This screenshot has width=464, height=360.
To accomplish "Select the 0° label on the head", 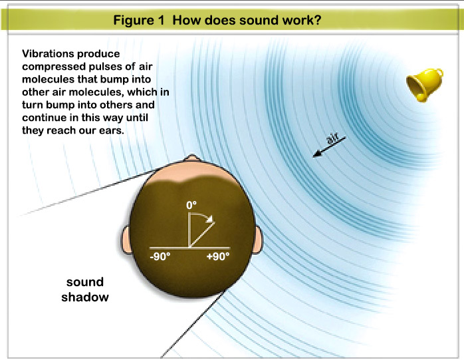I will (x=192, y=206).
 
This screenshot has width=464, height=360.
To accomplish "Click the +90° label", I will (x=217, y=256).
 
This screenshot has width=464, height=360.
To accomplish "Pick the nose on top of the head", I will (x=191, y=160).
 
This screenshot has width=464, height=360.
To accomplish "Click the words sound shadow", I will (x=84, y=289).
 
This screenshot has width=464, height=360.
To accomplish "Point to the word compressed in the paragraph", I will (x=51, y=67).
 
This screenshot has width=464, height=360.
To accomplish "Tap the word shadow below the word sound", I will (x=84, y=297).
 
